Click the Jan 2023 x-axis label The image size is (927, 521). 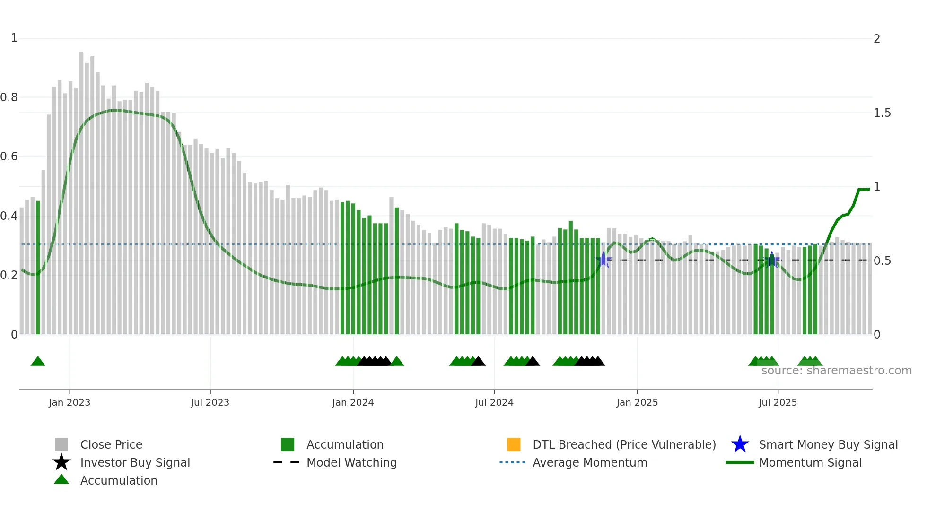tap(70, 402)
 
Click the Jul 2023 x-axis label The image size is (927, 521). tap(210, 402)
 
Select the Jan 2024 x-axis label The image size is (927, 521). tap(353, 402)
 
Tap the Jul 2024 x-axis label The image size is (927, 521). tap(494, 402)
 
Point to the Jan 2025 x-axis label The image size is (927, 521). tap(637, 402)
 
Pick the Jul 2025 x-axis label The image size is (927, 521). tap(778, 402)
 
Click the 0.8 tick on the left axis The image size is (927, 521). tap(9, 97)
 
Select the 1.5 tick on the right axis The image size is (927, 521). tap(882, 113)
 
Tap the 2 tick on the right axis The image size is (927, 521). tap(877, 39)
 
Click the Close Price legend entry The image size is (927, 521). tap(111, 444)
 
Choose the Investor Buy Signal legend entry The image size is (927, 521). tap(135, 462)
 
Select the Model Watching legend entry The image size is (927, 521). tap(351, 462)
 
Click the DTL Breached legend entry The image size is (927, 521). tap(624, 444)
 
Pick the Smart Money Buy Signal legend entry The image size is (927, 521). tap(828, 444)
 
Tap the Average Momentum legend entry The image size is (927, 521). tap(590, 462)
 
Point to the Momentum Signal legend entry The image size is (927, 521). tap(810, 462)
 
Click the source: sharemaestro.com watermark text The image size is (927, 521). tap(836, 371)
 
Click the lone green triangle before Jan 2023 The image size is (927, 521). tap(38, 362)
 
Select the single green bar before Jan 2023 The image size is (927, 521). tap(38, 267)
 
